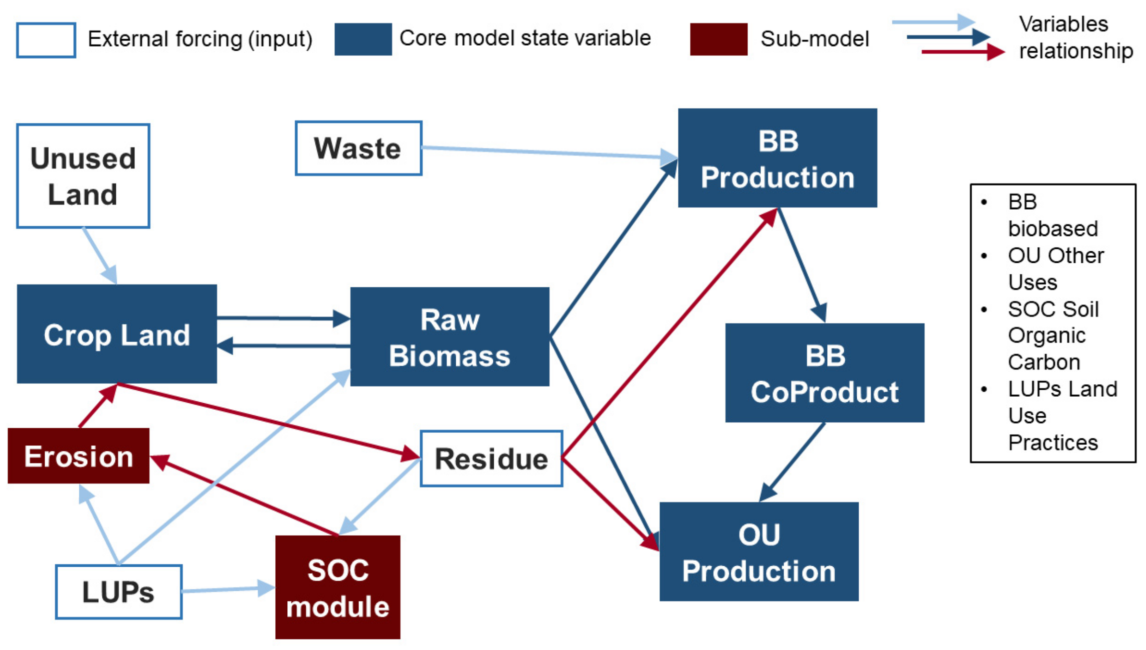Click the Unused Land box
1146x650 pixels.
83,176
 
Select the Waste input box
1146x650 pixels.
358,148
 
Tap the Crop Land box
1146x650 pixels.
117,334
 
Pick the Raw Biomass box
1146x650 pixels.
450,337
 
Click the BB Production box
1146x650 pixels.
778,158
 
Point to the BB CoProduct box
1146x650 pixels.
825,373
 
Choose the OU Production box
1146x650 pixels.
759,552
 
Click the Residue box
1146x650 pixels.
491,458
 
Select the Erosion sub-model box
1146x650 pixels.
79,456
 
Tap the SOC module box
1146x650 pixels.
338,587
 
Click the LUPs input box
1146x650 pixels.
119,592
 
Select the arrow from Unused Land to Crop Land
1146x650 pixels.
100,255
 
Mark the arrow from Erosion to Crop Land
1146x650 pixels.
98,407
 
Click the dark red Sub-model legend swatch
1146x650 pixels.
718,39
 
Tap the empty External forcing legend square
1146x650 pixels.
46,40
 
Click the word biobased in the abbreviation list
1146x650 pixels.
1053,229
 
